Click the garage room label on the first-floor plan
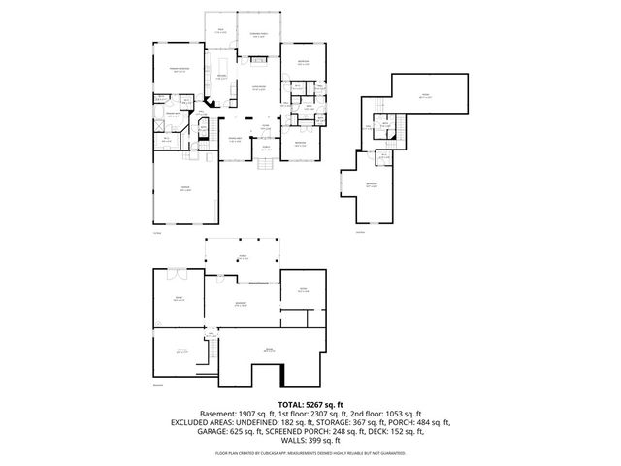click(x=184, y=188)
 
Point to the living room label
click(x=259, y=87)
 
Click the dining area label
click(x=234, y=141)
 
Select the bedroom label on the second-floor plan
click(x=372, y=183)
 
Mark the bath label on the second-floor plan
click(x=385, y=125)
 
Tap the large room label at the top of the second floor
click(x=424, y=95)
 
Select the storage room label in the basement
click(x=181, y=351)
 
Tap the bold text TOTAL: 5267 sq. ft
click(x=310, y=402)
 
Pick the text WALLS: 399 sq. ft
click(x=310, y=442)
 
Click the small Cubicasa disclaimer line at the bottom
click(x=310, y=452)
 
